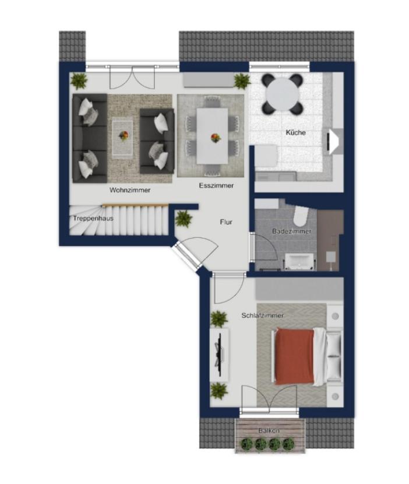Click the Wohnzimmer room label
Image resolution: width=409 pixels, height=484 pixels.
(x=130, y=190)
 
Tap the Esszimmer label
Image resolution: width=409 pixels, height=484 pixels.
(x=216, y=185)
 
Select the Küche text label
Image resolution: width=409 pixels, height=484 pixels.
(x=296, y=132)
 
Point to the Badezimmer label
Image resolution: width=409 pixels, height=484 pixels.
(x=291, y=231)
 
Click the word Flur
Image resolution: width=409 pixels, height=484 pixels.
(x=226, y=222)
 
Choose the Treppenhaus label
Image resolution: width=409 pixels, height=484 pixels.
(x=93, y=218)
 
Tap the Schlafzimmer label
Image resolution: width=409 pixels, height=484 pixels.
(x=263, y=315)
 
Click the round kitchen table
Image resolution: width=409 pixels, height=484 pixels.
(x=283, y=93)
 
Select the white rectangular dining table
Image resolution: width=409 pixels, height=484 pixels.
(x=212, y=136)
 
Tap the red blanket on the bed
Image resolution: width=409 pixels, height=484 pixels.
(x=295, y=356)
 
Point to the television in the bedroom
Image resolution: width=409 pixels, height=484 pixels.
(x=220, y=355)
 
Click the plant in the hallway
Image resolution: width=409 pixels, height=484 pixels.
(x=184, y=219)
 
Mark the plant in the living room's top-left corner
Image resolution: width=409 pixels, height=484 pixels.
(x=79, y=81)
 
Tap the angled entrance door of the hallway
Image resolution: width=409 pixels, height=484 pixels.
(x=186, y=255)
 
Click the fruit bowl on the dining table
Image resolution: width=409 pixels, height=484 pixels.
(x=216, y=138)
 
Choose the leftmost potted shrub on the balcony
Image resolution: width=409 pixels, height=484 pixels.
(x=248, y=444)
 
